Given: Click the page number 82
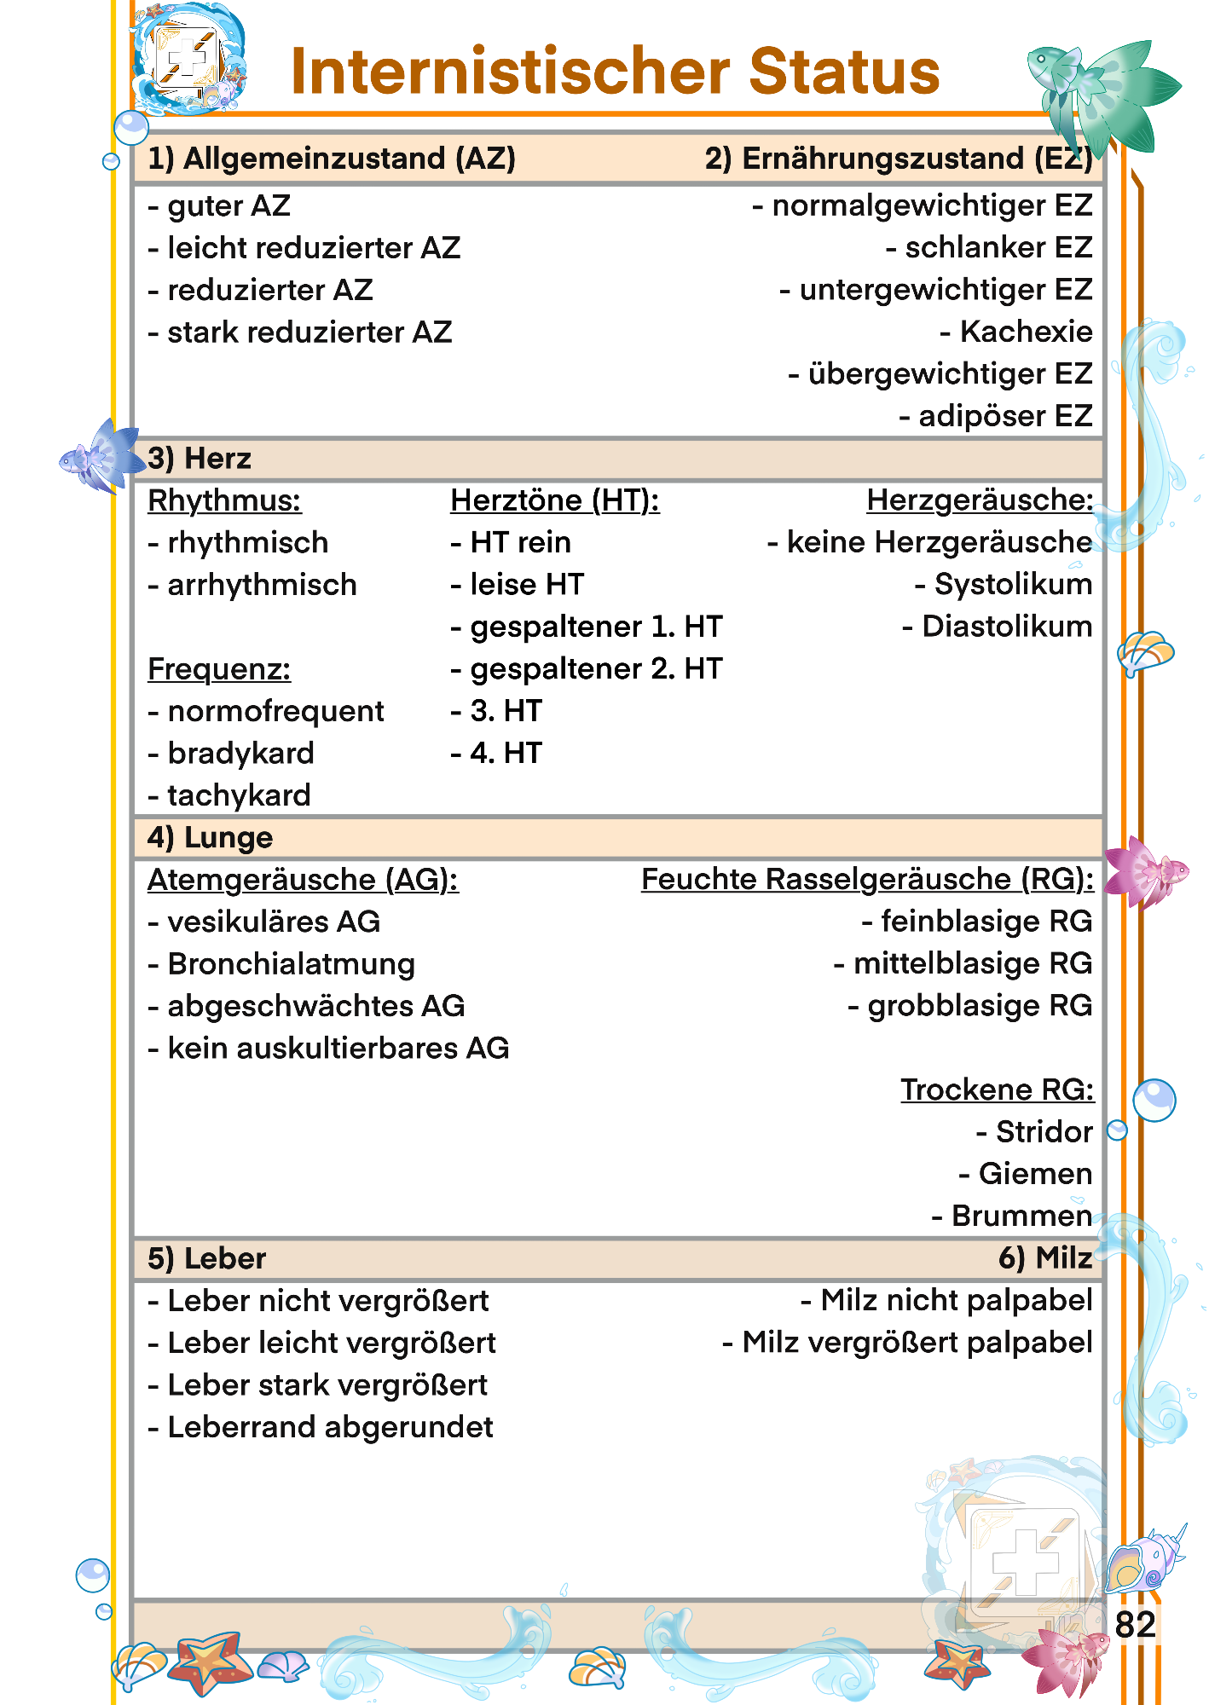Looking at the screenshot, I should [x=1135, y=1625].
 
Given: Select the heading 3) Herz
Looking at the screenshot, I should [x=200, y=459].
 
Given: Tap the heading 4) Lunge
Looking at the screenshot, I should [x=210, y=838].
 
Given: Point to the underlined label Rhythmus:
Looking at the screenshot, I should [x=224, y=500].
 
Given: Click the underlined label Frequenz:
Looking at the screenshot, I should [x=219, y=669].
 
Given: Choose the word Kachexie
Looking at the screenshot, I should [x=1026, y=332].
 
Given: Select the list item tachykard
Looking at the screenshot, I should [x=239, y=795].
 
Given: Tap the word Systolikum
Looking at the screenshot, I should [x=1013, y=585].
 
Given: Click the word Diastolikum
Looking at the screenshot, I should [x=1007, y=627].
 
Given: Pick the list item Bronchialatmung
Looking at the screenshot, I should [x=291, y=964].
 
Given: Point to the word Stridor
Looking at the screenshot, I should [x=1044, y=1132].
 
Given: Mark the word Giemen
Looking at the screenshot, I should [x=1035, y=1174].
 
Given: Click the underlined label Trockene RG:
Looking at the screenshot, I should [x=997, y=1090].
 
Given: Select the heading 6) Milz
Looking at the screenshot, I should [x=1045, y=1258].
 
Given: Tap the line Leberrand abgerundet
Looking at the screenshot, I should [x=330, y=1427].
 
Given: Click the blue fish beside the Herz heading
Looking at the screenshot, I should [x=101, y=457].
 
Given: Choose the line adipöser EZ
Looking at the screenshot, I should [x=1004, y=416].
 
